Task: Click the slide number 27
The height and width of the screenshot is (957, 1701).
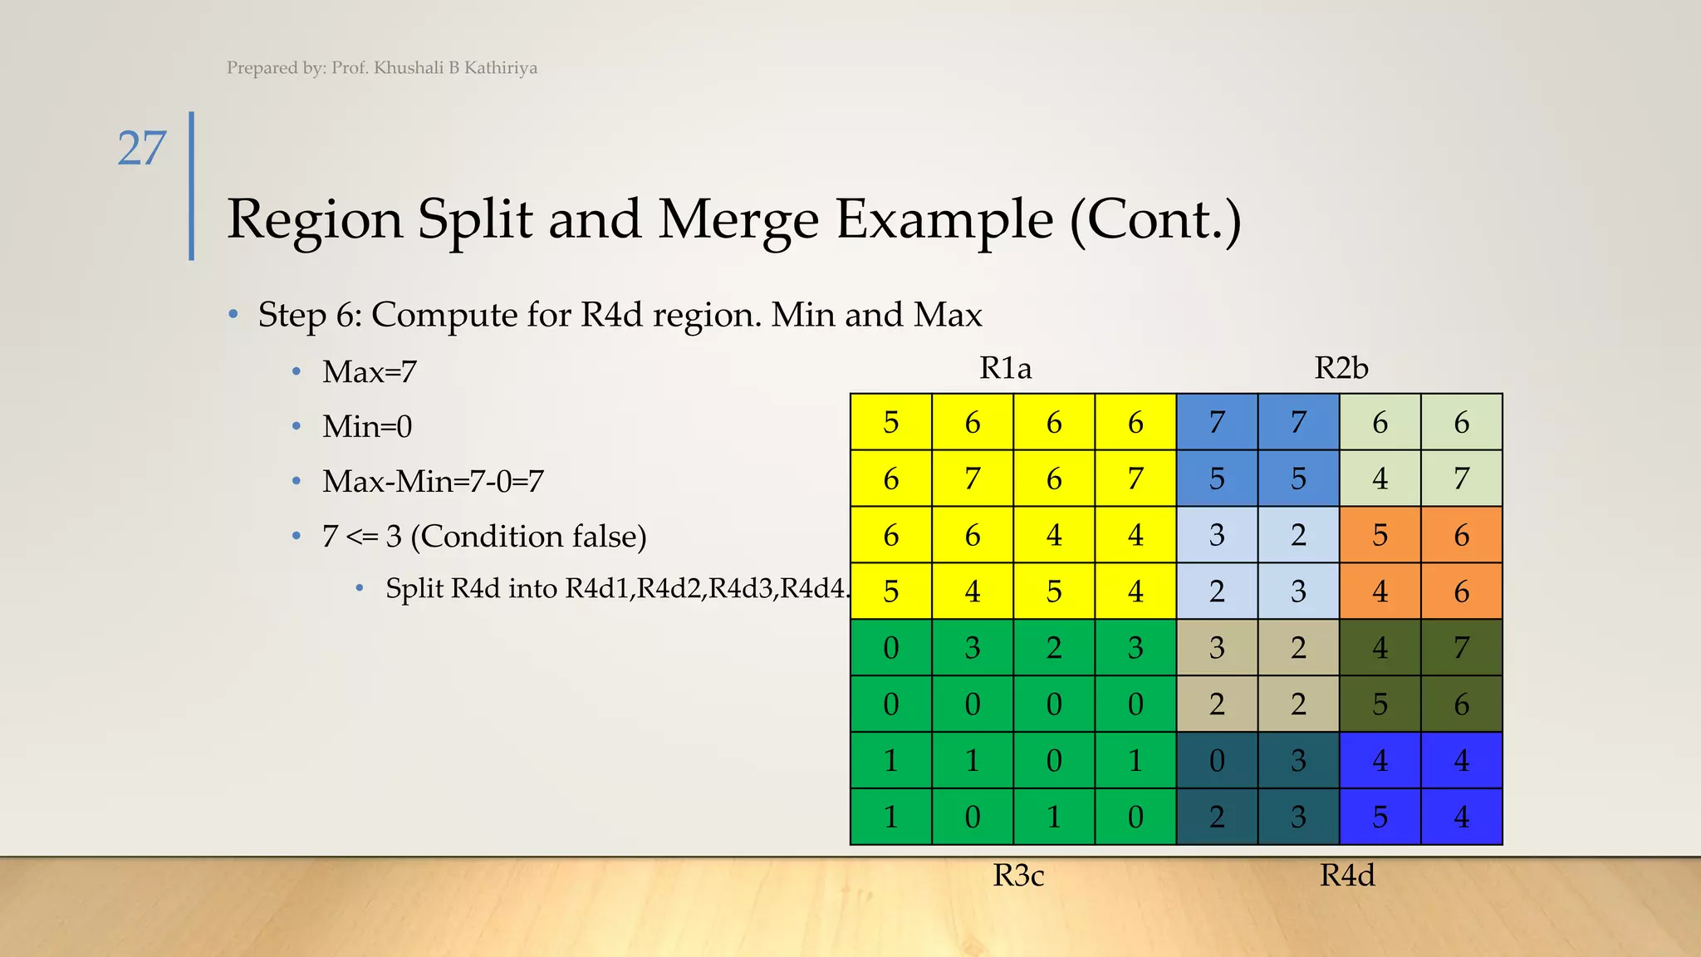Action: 142,149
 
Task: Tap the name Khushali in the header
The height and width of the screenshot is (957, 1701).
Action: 409,68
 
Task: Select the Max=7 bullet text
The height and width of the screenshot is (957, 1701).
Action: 370,372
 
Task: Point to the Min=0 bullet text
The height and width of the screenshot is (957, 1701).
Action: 367,427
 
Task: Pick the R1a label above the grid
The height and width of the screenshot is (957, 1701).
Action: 1005,368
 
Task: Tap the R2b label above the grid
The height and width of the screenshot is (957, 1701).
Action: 1341,368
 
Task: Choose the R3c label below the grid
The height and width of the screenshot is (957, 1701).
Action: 1018,876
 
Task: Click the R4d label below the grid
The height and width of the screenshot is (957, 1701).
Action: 1347,876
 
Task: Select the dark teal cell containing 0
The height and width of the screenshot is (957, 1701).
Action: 1217,761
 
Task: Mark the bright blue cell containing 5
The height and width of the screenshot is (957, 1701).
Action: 1380,817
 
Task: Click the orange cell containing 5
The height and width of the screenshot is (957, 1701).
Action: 1380,536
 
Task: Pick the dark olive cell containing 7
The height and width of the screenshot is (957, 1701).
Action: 1461,648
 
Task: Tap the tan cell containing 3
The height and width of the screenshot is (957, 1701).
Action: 1217,648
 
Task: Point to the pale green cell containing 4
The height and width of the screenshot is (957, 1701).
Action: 1380,479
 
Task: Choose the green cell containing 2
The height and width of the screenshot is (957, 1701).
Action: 1054,648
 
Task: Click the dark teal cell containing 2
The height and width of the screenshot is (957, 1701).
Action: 1217,817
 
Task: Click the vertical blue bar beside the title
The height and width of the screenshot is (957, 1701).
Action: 192,186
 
